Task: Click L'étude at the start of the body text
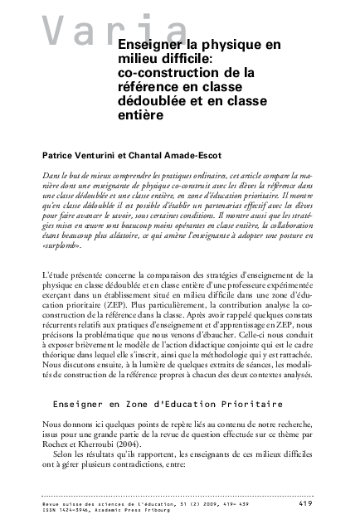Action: (55, 273)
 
